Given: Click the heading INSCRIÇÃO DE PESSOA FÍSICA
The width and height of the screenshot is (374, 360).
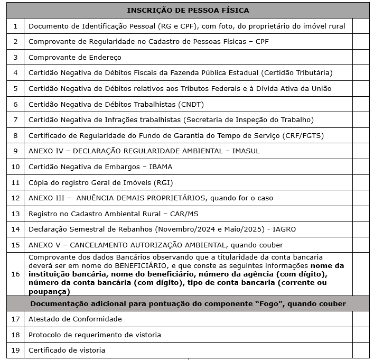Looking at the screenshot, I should [x=188, y=10].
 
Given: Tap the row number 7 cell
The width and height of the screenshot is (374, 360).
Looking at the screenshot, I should [x=15, y=119].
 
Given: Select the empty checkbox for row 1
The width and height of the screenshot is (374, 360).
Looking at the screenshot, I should [x=361, y=26].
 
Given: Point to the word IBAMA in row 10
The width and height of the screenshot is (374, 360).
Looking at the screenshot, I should [x=160, y=167].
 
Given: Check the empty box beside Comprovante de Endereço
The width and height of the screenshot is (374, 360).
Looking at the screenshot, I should [x=361, y=57].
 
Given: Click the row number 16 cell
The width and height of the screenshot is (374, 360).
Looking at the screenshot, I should [x=15, y=274].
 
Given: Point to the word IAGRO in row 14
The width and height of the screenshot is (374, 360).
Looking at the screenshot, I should [x=285, y=229].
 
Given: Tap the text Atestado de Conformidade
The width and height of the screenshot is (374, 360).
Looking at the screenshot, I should [x=75, y=319].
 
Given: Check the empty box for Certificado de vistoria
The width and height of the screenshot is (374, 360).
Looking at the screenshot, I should [x=361, y=350].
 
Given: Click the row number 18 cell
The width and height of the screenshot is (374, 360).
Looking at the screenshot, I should [x=15, y=335].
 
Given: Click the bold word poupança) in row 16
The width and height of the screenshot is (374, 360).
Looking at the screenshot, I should [x=49, y=291].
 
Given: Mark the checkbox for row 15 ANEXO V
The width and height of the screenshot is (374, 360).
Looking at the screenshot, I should [x=361, y=245].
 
